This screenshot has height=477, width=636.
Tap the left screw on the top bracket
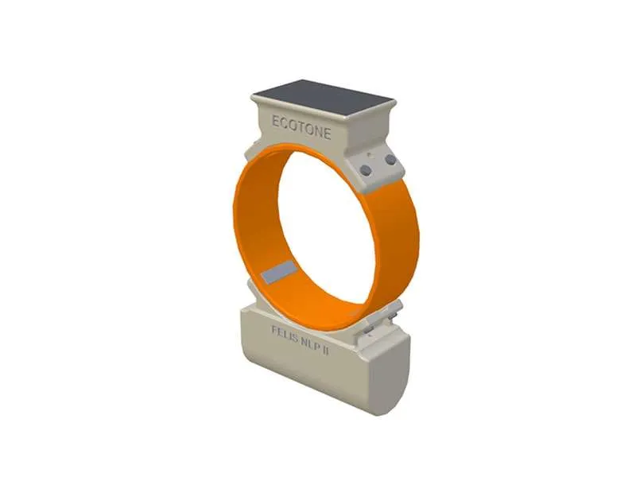(365, 170)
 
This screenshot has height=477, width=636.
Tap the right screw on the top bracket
(390, 161)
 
